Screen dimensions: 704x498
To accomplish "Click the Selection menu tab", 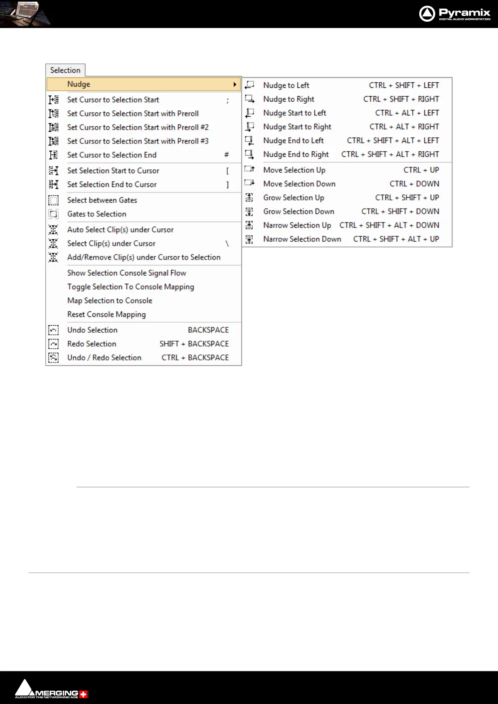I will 65,70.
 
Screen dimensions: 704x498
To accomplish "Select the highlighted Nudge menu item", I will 79,84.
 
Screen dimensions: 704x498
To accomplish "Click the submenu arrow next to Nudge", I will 235,84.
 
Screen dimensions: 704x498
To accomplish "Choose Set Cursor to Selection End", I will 112,155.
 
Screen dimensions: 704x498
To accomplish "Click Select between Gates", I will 102,200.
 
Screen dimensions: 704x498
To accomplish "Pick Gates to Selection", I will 97,214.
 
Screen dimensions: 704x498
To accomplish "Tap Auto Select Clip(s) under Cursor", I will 121,230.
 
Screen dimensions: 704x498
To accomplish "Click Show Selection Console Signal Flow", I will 126,273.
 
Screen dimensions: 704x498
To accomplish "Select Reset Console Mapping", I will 106,314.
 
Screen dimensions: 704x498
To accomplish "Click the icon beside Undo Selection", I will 54,330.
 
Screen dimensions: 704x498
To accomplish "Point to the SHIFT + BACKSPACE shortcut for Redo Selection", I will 194,344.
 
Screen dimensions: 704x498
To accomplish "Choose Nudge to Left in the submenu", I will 286,85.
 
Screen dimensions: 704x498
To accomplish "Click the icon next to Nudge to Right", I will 249,99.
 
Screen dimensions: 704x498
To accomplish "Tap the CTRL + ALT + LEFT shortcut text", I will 407,113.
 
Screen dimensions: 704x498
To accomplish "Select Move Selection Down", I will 299,184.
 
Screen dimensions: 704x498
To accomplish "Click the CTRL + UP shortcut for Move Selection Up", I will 421,170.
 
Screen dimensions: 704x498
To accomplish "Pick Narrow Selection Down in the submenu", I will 302,239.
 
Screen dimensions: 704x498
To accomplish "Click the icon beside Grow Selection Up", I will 249,198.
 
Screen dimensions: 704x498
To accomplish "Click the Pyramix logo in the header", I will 454,14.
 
